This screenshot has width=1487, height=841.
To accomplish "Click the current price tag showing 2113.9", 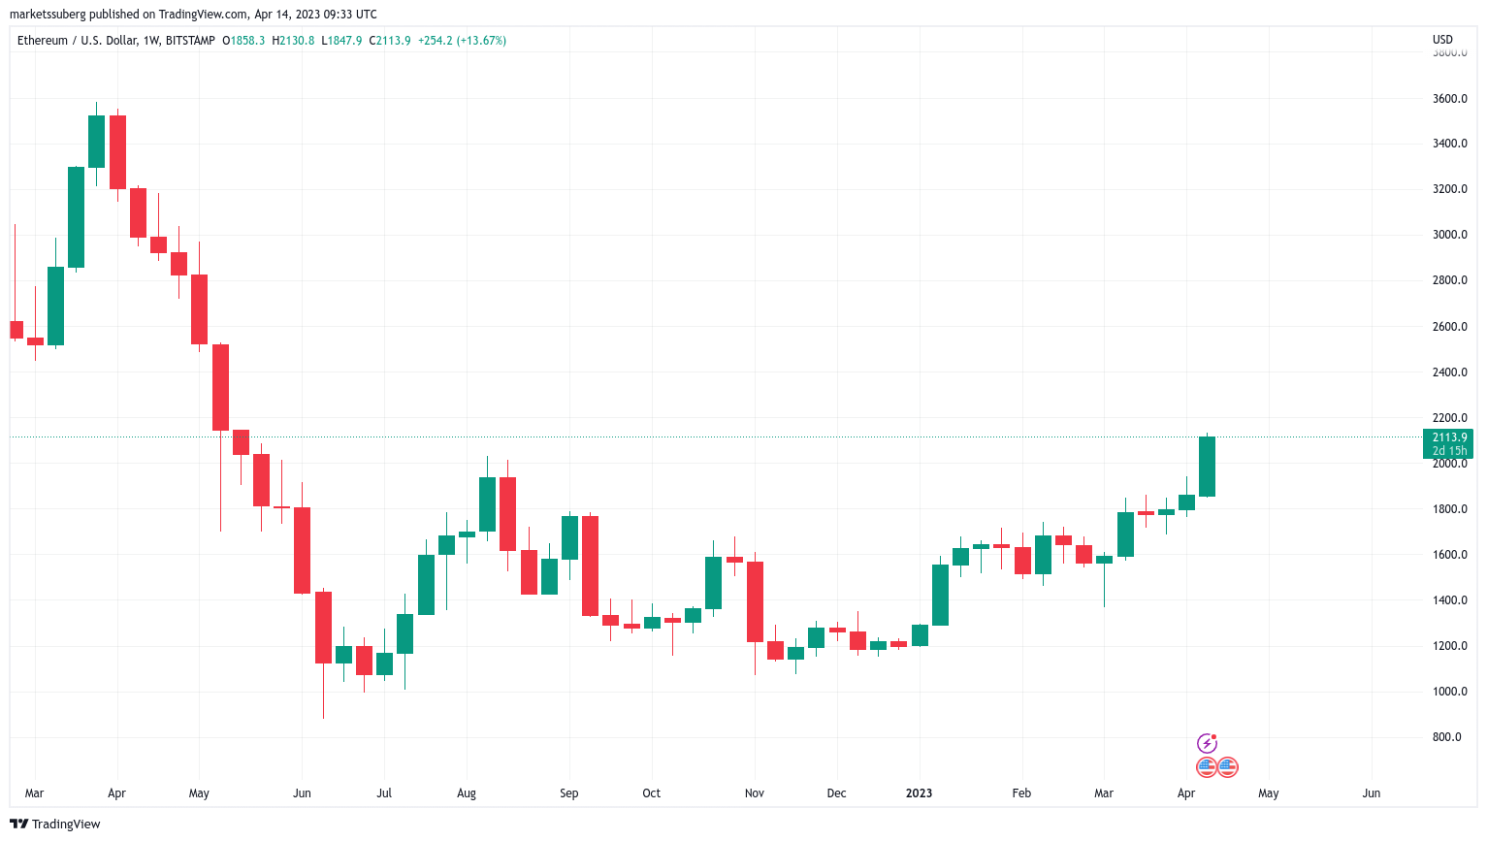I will pyautogui.click(x=1448, y=437).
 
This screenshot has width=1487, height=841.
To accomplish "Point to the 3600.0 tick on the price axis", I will pyautogui.click(x=1449, y=99).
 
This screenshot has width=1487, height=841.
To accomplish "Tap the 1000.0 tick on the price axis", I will pyautogui.click(x=1449, y=692).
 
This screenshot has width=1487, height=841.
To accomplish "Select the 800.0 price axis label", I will pyautogui.click(x=1446, y=737).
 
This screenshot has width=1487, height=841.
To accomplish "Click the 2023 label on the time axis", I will pyautogui.click(x=919, y=793).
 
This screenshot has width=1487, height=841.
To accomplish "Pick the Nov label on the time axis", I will pyautogui.click(x=754, y=793).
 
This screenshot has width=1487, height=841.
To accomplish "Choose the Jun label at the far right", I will pyautogui.click(x=1371, y=793).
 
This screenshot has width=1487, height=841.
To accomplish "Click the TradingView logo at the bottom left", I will pyautogui.click(x=55, y=825).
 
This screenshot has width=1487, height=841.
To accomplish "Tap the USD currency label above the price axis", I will pyautogui.click(x=1442, y=40).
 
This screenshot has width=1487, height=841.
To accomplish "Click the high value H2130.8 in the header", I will pyautogui.click(x=293, y=41).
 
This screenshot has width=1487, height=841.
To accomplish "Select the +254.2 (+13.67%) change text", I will pyautogui.click(x=462, y=41).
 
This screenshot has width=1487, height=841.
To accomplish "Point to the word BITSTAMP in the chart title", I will pyautogui.click(x=190, y=41).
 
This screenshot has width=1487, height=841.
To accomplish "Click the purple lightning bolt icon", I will pyautogui.click(x=1207, y=744).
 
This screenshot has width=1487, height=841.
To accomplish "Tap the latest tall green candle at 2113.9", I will pyautogui.click(x=1207, y=467).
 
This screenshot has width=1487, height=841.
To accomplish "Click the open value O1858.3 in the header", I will pyautogui.click(x=243, y=41).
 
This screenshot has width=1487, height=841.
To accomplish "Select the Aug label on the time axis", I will pyautogui.click(x=467, y=793).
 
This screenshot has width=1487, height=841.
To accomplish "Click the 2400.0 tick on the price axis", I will pyautogui.click(x=1449, y=372).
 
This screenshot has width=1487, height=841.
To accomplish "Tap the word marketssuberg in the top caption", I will pyautogui.click(x=47, y=15).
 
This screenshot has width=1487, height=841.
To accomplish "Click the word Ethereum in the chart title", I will pyautogui.click(x=43, y=41).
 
